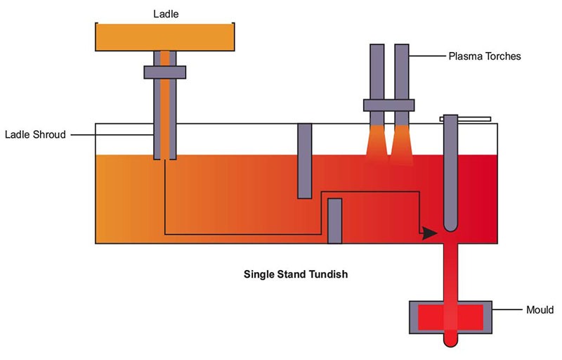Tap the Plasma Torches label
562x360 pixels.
485,56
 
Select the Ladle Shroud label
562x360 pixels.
34,134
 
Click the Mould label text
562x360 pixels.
540,309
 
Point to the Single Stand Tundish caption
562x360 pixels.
295,274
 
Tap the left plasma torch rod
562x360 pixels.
377,70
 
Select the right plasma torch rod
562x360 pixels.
401,70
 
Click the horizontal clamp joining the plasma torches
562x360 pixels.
389,105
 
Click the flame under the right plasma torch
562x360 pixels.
401,144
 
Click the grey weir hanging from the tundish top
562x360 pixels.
304,160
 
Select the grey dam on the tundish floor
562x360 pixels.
335,221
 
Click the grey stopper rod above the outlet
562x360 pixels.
450,176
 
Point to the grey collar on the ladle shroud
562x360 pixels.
164,72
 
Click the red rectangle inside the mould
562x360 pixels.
450,319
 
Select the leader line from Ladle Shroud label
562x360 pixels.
112,134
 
